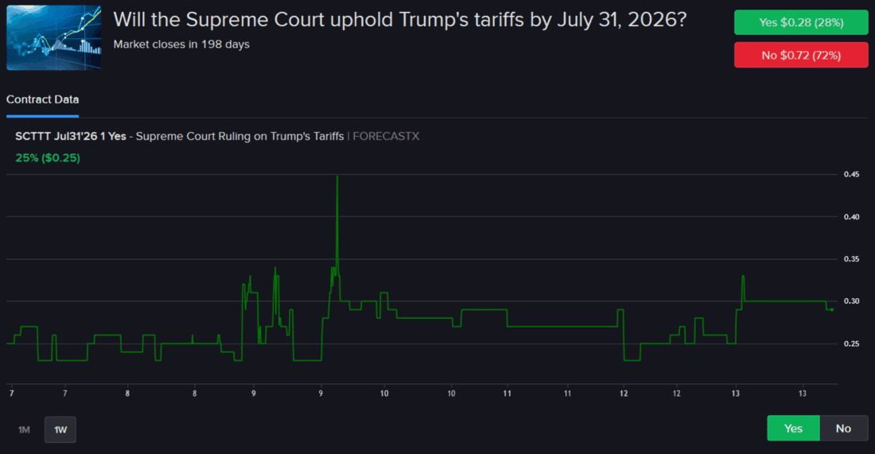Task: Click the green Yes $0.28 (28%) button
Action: (x=801, y=22)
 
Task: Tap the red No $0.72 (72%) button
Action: (x=801, y=55)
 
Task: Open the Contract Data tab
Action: (x=43, y=99)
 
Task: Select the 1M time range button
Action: (x=24, y=429)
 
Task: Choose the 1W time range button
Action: (x=60, y=429)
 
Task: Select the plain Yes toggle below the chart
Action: (x=793, y=429)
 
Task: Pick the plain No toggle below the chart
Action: (x=843, y=429)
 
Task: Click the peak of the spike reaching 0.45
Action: (x=337, y=176)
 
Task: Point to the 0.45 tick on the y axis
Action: (x=850, y=175)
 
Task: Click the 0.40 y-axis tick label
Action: (x=850, y=217)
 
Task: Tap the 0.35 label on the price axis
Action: (x=850, y=259)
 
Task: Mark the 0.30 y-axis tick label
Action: (x=850, y=301)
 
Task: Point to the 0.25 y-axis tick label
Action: (x=850, y=343)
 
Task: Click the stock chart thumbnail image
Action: (x=54, y=37)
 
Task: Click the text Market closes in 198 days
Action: (x=181, y=45)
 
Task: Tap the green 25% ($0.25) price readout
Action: (x=48, y=157)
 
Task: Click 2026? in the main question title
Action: (x=655, y=20)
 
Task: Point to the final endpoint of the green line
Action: (x=832, y=309)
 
